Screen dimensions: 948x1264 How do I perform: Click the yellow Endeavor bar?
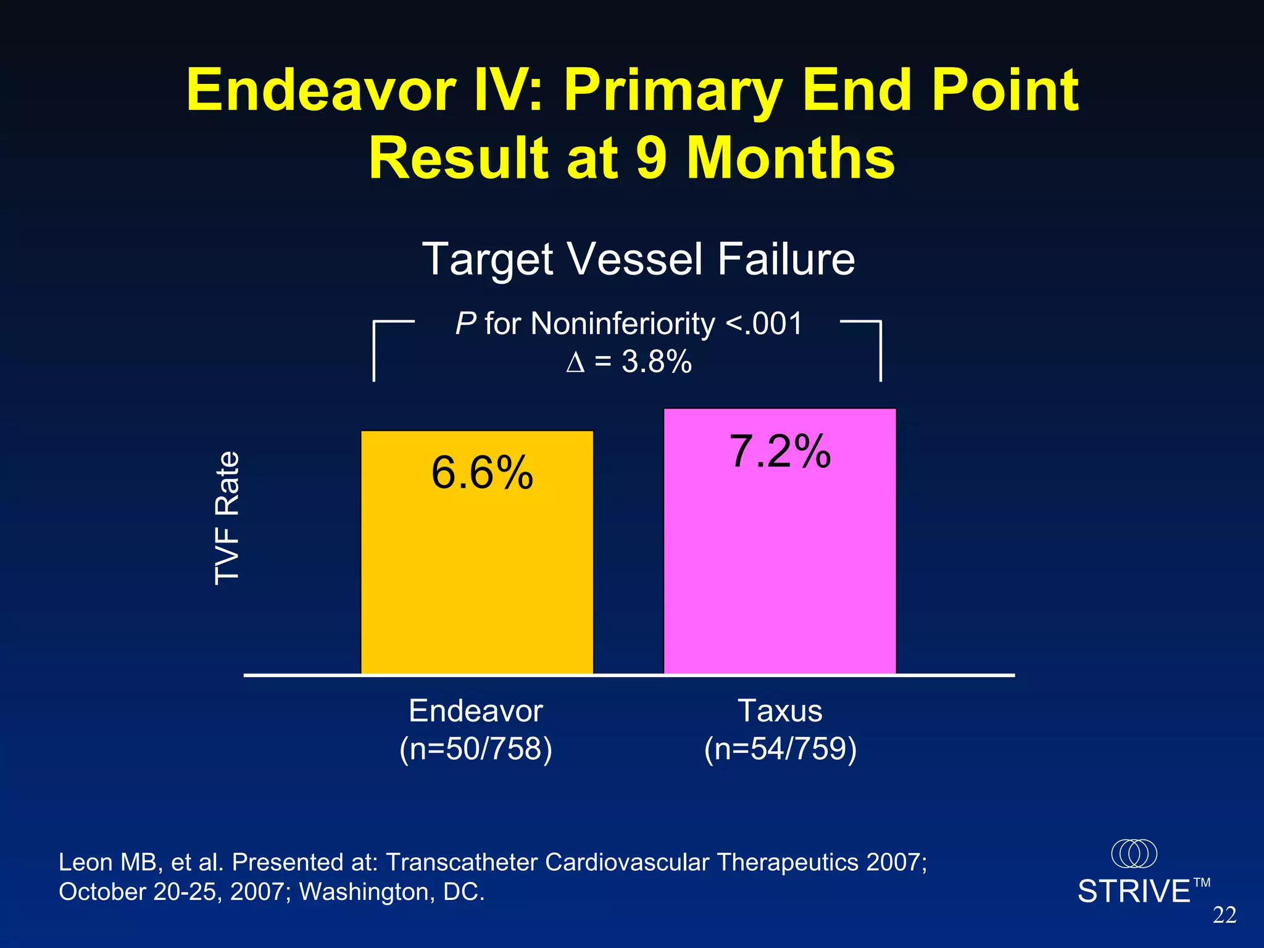(x=476, y=580)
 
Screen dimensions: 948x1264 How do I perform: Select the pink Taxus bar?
(x=780, y=568)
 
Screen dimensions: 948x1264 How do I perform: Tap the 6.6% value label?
(x=482, y=473)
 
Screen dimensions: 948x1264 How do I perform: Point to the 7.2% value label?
(x=780, y=451)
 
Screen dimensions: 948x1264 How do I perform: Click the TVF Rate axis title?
(x=227, y=518)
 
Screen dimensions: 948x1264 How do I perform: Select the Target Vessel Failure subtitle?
(x=638, y=259)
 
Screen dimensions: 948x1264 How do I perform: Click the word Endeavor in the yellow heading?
(x=321, y=91)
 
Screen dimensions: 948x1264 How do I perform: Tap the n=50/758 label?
(x=476, y=749)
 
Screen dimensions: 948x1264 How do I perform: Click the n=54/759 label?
(x=780, y=749)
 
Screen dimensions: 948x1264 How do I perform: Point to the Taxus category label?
(x=780, y=711)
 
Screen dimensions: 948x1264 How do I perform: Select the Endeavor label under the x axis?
(x=476, y=711)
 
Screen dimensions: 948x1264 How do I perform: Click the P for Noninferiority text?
(x=628, y=323)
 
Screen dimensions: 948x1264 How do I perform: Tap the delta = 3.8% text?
(x=628, y=361)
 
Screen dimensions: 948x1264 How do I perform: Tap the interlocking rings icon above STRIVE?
(x=1134, y=854)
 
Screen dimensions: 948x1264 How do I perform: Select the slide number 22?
(x=1224, y=915)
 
